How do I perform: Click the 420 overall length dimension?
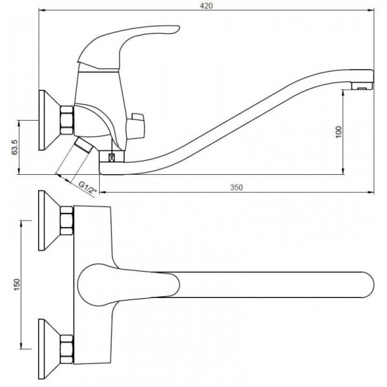206,6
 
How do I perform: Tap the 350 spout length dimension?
237,187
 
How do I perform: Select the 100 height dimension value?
339,132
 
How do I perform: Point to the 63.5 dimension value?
15,147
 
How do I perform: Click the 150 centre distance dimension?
17,284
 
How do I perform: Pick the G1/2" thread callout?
88,188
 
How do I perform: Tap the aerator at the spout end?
362,86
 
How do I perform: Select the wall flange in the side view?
50,120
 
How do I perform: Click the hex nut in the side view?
66,120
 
